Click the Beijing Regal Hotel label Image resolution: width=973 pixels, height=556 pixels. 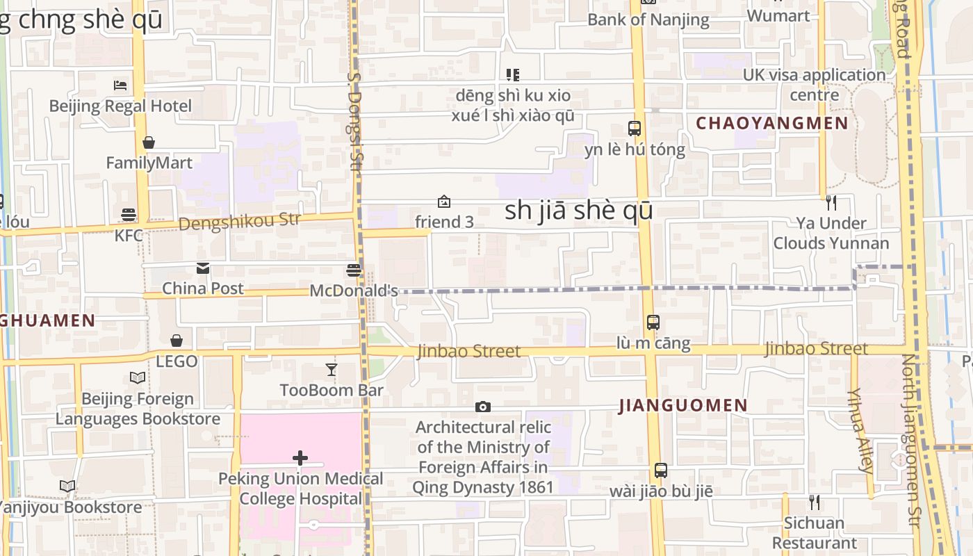[x=120, y=106]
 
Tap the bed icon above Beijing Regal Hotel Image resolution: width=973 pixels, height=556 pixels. [x=120, y=85]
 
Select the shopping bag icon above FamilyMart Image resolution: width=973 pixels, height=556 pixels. [x=148, y=143]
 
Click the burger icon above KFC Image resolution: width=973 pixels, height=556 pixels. [x=129, y=214]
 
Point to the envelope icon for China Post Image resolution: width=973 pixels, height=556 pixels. [x=203, y=268]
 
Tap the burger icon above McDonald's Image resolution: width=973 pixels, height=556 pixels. [x=354, y=270]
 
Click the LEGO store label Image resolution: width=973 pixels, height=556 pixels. [x=177, y=361]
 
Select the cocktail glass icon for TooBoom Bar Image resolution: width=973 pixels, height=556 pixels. [x=332, y=370]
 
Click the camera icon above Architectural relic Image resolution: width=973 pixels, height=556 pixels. [x=483, y=407]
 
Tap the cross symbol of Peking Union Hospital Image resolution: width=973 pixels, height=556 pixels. [x=300, y=458]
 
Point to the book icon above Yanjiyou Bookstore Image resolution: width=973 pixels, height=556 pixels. [x=67, y=486]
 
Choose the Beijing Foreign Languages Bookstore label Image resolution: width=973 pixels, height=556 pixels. [x=138, y=409]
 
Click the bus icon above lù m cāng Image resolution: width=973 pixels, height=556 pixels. [x=653, y=322]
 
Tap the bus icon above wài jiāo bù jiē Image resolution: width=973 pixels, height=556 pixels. [x=661, y=471]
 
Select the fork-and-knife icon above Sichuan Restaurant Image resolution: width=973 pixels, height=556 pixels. [x=814, y=502]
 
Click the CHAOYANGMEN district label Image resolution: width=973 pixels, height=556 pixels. [x=771, y=124]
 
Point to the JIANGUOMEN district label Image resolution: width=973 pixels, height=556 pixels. [x=683, y=406]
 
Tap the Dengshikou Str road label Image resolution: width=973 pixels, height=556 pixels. [x=239, y=222]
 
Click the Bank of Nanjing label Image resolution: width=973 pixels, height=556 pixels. [x=648, y=19]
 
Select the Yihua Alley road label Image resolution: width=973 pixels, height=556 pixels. [x=860, y=431]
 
